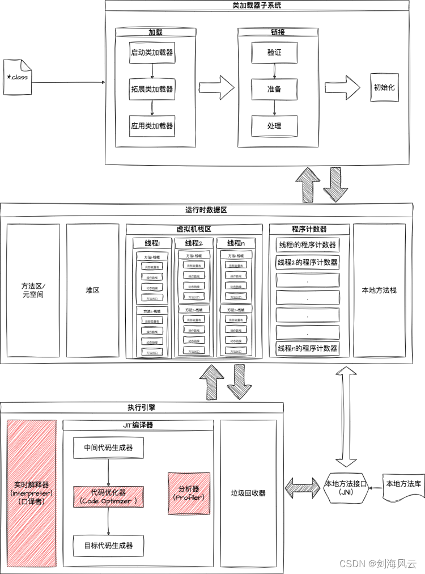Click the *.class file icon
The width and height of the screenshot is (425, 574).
tap(16, 77)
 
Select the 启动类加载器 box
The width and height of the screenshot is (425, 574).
tap(151, 53)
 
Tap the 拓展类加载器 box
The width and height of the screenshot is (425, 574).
tap(151, 89)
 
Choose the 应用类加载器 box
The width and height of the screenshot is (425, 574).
tap(151, 125)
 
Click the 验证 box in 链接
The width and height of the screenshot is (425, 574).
tap(274, 53)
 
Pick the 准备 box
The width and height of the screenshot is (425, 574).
tap(274, 89)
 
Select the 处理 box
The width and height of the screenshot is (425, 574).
tap(274, 125)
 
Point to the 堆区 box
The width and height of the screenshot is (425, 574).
tap(92, 290)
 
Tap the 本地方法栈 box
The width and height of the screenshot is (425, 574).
tap(379, 290)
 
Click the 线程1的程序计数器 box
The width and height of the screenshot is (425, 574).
tap(307, 245)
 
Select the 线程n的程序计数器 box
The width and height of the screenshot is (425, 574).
tap(307, 348)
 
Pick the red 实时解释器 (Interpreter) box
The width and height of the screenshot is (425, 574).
tap(31, 493)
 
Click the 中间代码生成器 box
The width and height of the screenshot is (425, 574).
tap(108, 448)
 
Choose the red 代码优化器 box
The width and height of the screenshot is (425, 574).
tap(108, 496)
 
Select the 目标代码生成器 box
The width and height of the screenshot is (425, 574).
tap(108, 546)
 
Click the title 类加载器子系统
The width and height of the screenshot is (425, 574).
tap(257, 5)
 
